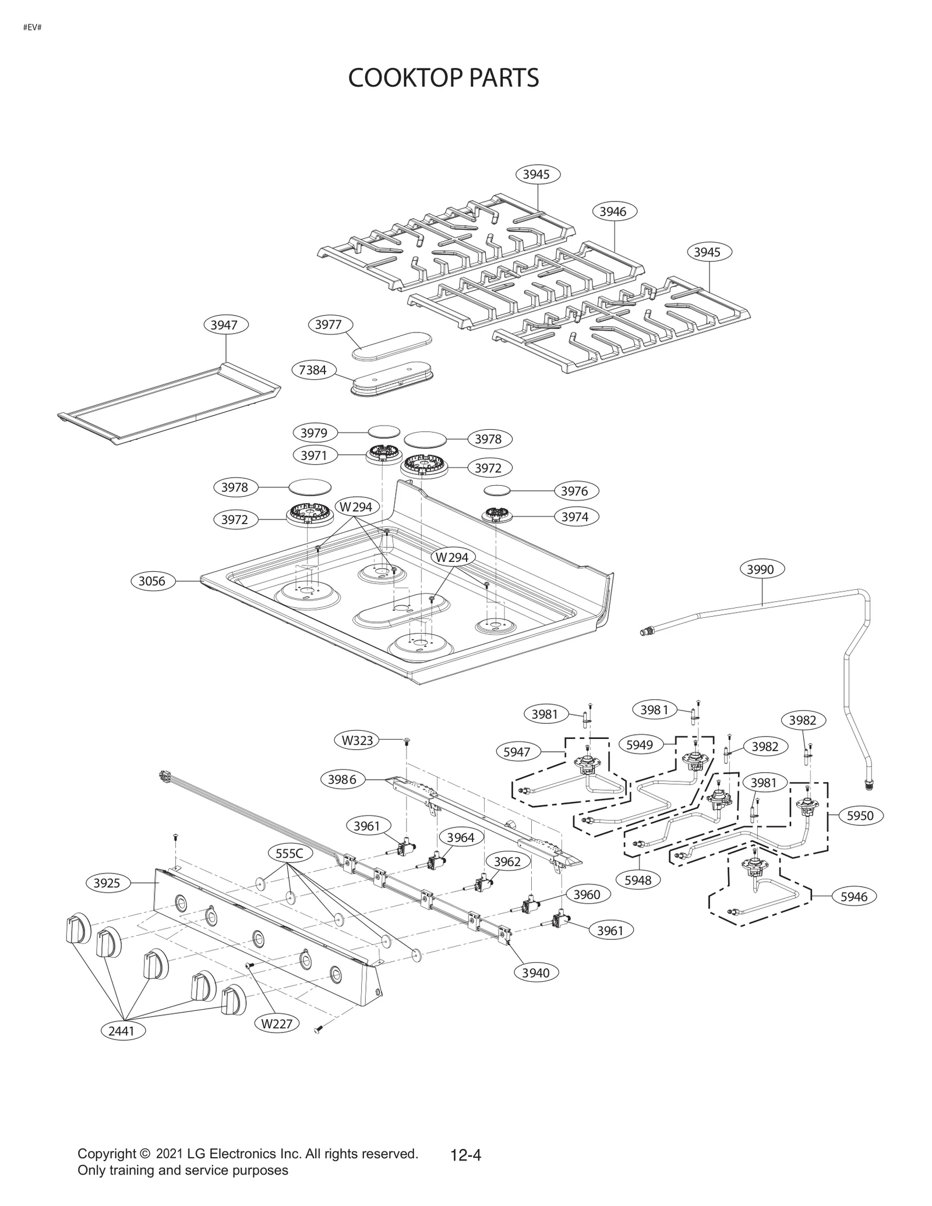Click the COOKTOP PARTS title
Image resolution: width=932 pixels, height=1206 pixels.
pos(443,78)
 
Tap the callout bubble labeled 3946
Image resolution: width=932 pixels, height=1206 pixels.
pos(613,212)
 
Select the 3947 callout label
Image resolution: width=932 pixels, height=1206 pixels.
pos(224,325)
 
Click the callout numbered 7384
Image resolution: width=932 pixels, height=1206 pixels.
pos(313,370)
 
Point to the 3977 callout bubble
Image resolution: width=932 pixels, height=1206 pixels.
pos(329,324)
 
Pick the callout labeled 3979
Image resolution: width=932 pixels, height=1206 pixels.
pos(314,433)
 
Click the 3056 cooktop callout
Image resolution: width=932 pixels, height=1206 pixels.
pos(152,581)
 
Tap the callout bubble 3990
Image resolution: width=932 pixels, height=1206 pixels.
pos(761,569)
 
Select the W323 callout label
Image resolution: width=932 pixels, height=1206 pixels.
pos(357,741)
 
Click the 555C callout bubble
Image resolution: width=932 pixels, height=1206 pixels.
pos(290,854)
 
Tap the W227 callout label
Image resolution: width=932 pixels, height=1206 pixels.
pos(277,1023)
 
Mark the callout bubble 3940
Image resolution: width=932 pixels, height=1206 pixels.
pos(536,972)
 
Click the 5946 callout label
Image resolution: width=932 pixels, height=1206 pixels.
pos(854,897)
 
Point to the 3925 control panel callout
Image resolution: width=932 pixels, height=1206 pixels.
pos(107,883)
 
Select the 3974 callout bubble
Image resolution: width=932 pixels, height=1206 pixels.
pos(575,517)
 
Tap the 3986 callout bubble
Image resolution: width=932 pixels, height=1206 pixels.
pos(343,779)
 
